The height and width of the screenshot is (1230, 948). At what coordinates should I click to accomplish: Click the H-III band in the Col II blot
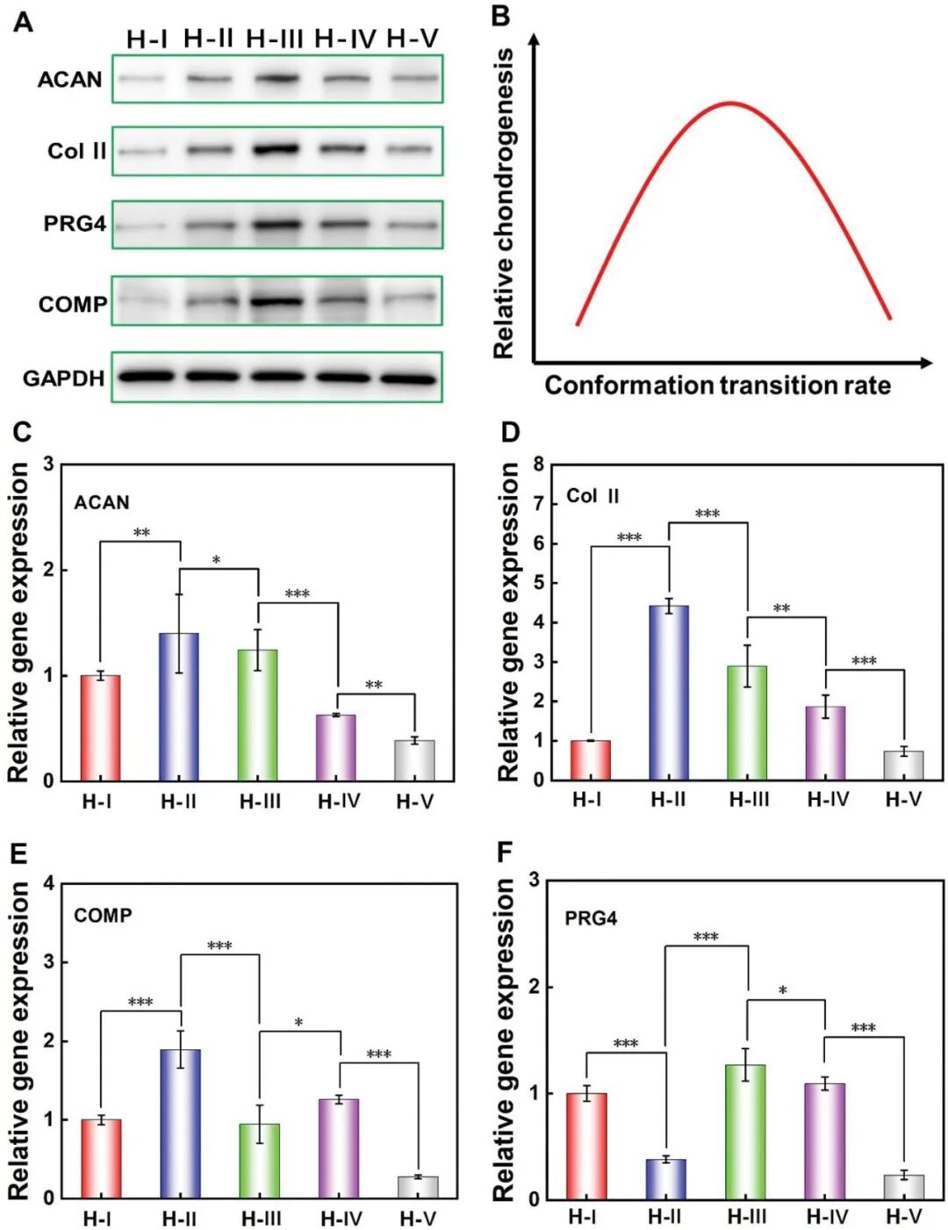276,148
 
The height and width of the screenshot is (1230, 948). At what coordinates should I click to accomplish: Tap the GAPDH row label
63,378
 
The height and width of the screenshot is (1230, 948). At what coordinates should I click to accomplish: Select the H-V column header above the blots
412,39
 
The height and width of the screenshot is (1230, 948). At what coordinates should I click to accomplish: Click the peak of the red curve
730,104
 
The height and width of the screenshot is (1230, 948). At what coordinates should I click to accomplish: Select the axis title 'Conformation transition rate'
717,385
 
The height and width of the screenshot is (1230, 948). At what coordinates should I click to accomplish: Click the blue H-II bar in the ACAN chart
179,707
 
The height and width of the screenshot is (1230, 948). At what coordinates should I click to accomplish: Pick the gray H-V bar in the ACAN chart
414,760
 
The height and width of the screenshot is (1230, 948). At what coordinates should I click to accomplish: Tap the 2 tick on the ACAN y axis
49,570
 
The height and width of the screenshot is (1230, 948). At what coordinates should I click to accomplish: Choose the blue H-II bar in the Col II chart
669,693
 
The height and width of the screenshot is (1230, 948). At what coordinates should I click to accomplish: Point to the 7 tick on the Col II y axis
538,504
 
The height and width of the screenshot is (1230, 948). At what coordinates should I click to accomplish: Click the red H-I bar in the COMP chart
101,1159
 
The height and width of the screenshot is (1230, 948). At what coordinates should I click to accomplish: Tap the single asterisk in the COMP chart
298,1023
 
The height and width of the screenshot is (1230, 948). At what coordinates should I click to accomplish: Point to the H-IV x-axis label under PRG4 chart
827,1217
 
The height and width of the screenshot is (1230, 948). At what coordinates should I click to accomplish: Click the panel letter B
500,16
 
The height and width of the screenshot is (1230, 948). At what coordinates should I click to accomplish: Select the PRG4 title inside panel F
591,918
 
